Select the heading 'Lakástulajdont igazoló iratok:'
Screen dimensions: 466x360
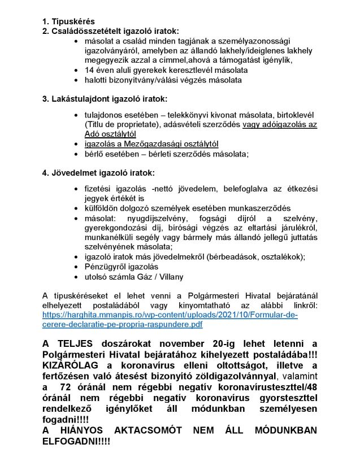click(x=108, y=99)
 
